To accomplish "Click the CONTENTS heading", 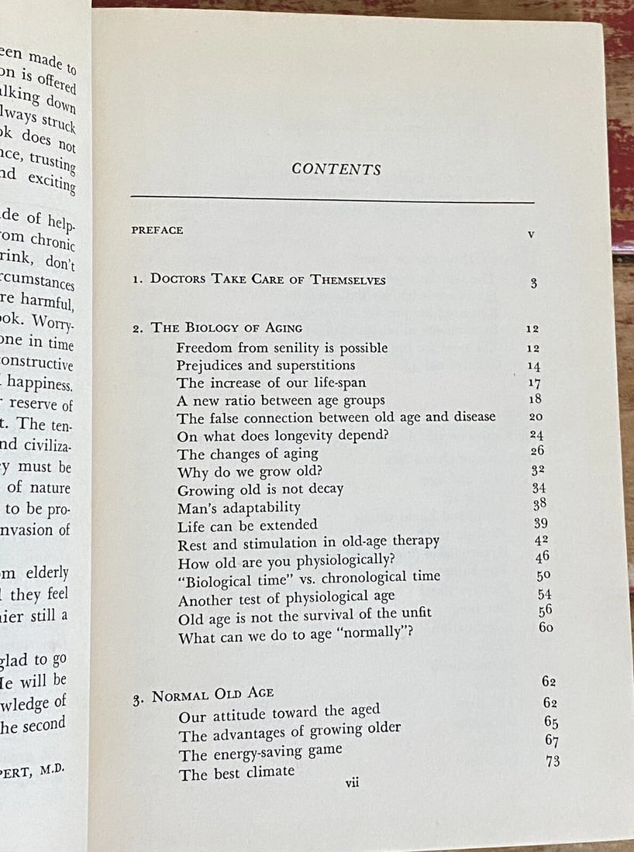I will coord(336,170).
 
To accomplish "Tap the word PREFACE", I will coord(157,230).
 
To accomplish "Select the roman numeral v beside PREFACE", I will coord(531,233).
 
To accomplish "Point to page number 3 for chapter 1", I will coord(533,283).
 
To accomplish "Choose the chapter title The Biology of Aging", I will coord(226,328).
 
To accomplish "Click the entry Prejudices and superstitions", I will coord(265,365).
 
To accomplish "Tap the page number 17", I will coord(534,383).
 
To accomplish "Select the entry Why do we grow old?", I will coord(250,472).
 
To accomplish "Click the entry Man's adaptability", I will coord(238,507).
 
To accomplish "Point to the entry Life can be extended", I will coord(247,525).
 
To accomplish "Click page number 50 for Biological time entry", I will coord(544,575).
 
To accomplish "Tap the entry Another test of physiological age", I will coord(286,597).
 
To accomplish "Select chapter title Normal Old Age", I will coord(212,694).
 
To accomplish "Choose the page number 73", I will coord(553,761).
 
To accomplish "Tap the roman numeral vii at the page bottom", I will coord(352,783).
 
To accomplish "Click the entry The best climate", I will coord(236,771).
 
